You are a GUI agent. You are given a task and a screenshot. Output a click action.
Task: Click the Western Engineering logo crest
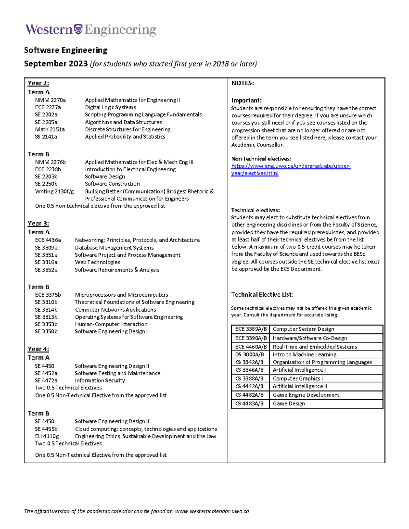78,30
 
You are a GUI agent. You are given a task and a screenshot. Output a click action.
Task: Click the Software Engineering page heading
65,50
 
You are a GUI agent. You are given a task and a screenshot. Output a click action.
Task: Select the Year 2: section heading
38,83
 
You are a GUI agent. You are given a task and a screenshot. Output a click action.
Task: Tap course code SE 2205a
46,122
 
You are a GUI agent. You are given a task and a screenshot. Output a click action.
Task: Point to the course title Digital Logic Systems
110,107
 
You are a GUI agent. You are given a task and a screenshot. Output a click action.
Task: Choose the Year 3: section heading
38,223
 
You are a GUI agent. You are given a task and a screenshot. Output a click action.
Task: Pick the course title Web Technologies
97,262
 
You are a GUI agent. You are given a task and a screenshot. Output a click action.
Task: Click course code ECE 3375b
48,295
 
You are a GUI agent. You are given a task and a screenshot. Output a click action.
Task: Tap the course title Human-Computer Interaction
111,324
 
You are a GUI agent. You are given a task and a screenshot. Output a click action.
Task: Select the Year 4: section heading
38,349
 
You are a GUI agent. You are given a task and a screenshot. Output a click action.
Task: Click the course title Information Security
100,380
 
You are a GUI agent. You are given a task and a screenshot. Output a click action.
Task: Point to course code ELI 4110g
47,436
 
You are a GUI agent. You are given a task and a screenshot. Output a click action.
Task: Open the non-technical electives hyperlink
290,166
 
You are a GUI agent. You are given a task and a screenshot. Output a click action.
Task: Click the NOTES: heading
242,83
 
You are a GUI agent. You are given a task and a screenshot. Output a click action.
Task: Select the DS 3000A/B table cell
250,355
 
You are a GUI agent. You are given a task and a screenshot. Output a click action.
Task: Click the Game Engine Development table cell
306,395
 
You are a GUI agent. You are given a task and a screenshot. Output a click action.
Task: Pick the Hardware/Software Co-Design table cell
310,338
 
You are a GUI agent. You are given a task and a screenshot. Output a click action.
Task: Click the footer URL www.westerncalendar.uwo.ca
212,511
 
